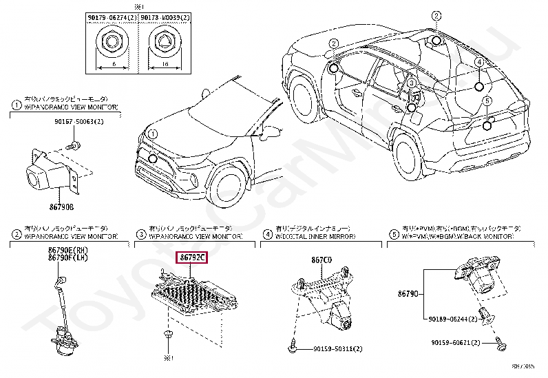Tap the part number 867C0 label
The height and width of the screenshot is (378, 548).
click(322, 260)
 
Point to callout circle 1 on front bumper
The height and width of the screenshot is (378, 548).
click(153, 134)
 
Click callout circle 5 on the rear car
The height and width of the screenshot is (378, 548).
click(486, 101)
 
